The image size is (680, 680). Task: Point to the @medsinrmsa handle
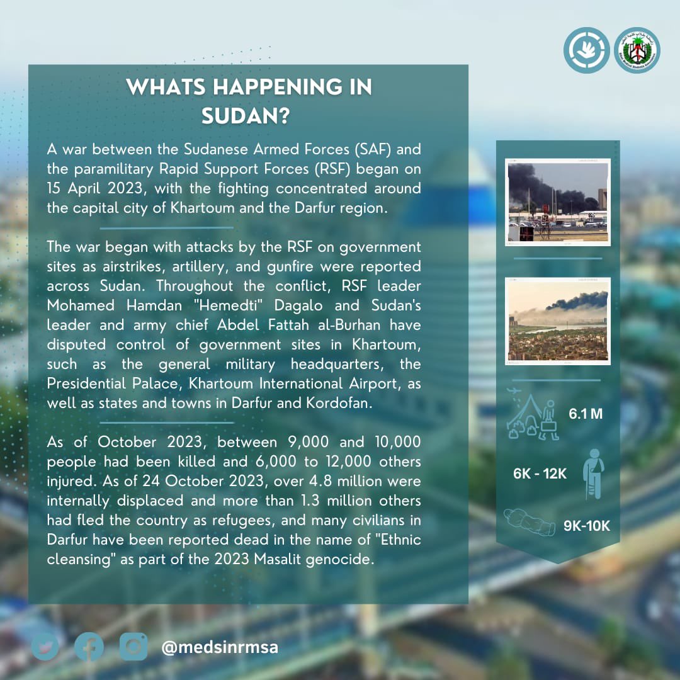220,647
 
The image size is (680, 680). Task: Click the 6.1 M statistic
586,414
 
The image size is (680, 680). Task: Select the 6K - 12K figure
540,473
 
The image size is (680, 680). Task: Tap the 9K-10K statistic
587,526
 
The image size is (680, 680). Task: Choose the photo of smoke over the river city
558,321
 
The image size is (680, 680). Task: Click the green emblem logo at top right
637,50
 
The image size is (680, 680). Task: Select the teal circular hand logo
586,50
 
